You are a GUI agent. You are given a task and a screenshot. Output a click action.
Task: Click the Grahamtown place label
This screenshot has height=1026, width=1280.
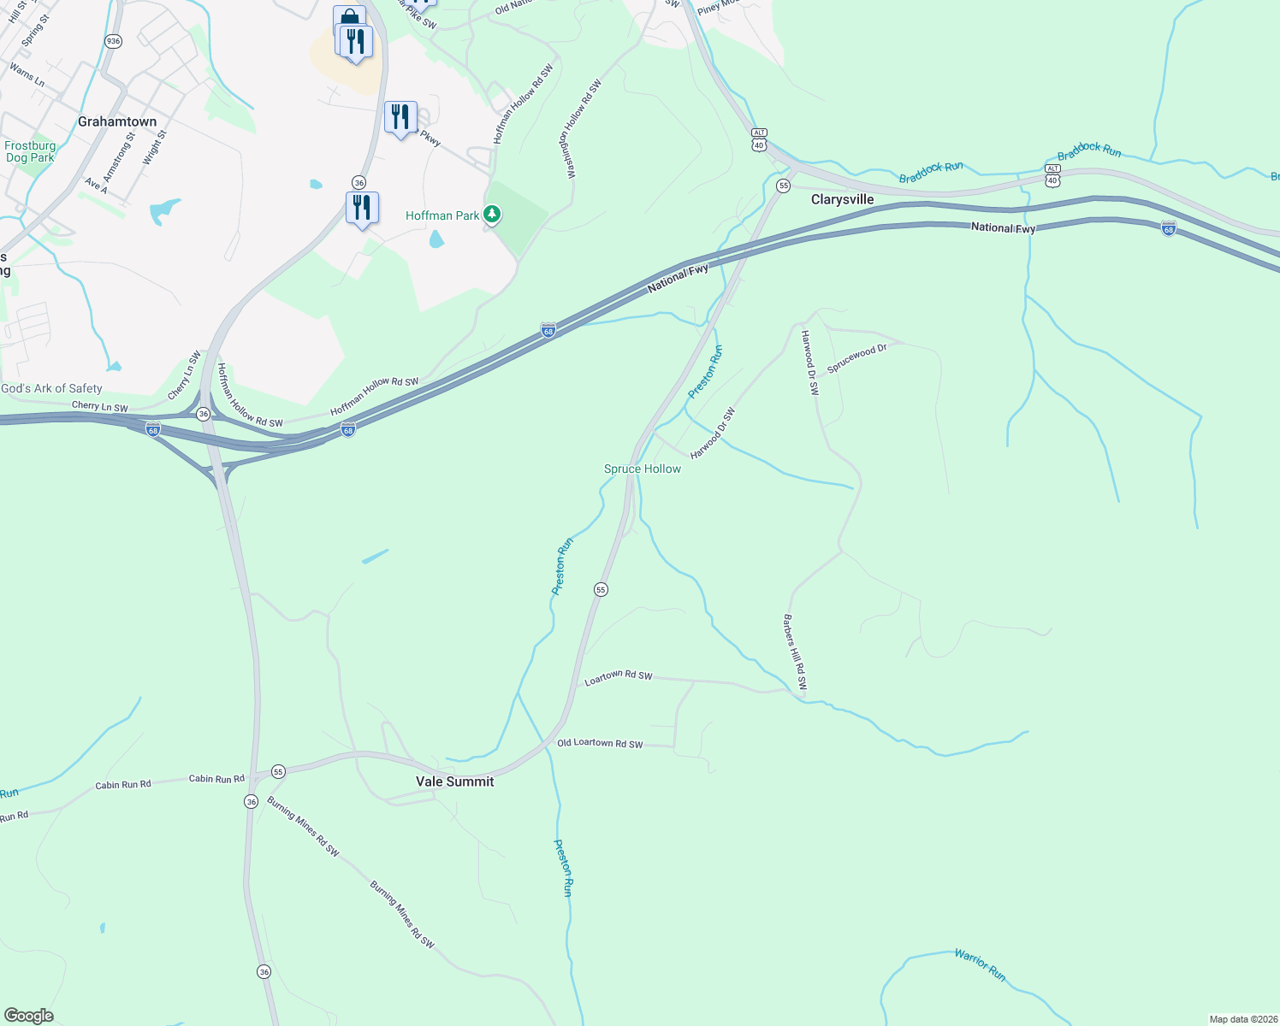tap(117, 121)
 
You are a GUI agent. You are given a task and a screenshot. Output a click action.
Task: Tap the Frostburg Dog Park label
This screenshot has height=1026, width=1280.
tap(30, 152)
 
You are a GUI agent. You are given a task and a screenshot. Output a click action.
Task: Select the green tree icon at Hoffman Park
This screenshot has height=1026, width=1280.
tap(492, 215)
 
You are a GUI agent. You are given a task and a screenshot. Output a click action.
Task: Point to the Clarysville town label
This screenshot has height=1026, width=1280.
tap(843, 199)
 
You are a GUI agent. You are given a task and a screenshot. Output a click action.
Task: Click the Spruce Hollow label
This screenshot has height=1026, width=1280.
tap(643, 469)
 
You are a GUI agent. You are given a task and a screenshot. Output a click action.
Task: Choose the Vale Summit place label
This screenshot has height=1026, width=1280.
tap(454, 781)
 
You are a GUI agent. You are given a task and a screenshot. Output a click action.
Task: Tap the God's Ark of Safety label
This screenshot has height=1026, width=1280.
tap(51, 388)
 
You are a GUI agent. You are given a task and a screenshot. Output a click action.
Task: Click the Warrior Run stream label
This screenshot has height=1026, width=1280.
tap(980, 964)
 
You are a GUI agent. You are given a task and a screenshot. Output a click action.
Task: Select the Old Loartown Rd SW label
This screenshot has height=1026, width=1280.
tap(600, 743)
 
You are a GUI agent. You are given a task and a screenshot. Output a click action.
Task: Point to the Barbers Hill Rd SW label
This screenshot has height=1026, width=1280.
tap(795, 653)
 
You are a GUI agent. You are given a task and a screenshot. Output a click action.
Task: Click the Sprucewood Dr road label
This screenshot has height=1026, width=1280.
tap(856, 358)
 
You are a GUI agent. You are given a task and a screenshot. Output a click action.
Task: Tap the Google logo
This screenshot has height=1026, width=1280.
tap(28, 1016)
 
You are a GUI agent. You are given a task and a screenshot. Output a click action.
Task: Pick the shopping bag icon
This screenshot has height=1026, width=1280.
tap(348, 19)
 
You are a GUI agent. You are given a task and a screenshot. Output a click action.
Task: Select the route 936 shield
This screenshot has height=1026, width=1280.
tap(113, 41)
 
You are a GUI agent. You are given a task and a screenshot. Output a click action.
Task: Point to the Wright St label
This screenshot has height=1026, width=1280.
tap(154, 148)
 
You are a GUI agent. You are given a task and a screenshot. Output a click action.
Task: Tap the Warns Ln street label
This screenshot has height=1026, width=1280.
tap(27, 74)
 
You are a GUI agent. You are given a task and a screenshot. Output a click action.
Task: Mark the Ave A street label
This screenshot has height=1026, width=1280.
tap(96, 186)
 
